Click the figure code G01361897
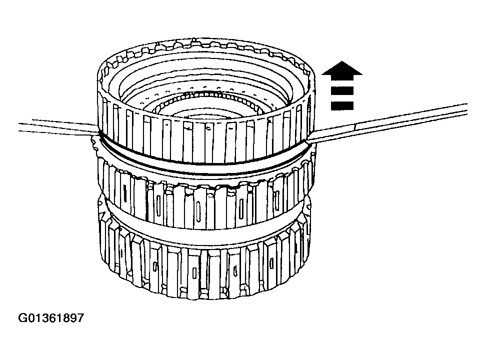[x=51, y=318]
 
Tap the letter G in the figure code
[x=22, y=318]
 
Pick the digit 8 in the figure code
[x=65, y=318]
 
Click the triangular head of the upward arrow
[x=342, y=68]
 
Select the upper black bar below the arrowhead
[x=342, y=90]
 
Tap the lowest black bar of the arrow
[x=342, y=105]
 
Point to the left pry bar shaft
[x=59, y=126]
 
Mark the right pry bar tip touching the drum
[x=308, y=141]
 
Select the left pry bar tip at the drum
[x=98, y=133]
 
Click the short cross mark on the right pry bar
[x=355, y=127]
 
